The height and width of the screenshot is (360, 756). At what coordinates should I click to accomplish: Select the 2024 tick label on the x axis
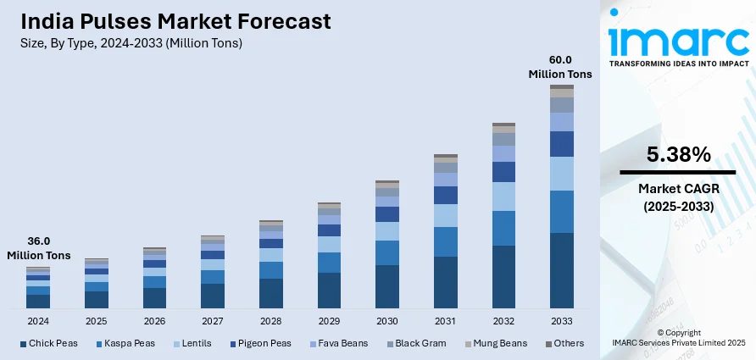click(x=37, y=322)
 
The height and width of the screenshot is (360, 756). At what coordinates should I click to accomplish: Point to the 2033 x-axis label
click(x=561, y=322)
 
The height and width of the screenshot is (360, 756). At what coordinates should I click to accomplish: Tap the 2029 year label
click(x=329, y=322)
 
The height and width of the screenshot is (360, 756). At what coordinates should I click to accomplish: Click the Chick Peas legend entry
click(x=52, y=343)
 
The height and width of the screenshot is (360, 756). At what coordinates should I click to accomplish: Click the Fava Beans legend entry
click(x=340, y=343)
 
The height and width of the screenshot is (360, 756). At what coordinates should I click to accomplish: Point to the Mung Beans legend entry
click(x=494, y=343)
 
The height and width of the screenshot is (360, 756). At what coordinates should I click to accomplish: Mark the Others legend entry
click(x=564, y=343)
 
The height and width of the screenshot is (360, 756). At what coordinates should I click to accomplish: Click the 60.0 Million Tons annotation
click(x=561, y=67)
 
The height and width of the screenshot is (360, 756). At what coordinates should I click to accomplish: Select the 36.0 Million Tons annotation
click(x=39, y=247)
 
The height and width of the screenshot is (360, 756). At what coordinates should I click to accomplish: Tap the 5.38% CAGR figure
click(x=678, y=155)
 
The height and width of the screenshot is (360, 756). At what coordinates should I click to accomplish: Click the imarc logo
click(x=678, y=41)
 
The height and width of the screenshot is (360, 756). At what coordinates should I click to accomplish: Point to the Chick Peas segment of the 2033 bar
click(x=561, y=269)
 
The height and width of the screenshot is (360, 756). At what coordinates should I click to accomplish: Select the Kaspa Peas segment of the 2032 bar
click(x=503, y=228)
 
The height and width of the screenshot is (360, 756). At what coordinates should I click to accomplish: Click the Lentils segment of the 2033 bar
click(x=561, y=174)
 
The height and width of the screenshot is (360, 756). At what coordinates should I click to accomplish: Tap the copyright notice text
click(x=678, y=337)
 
